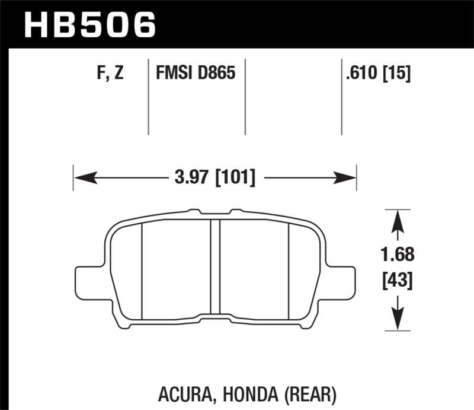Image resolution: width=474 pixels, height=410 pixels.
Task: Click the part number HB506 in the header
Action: tap(90, 26)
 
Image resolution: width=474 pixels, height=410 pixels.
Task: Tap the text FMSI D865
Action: tap(196, 74)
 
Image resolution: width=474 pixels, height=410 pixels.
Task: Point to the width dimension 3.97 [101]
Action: tap(214, 177)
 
